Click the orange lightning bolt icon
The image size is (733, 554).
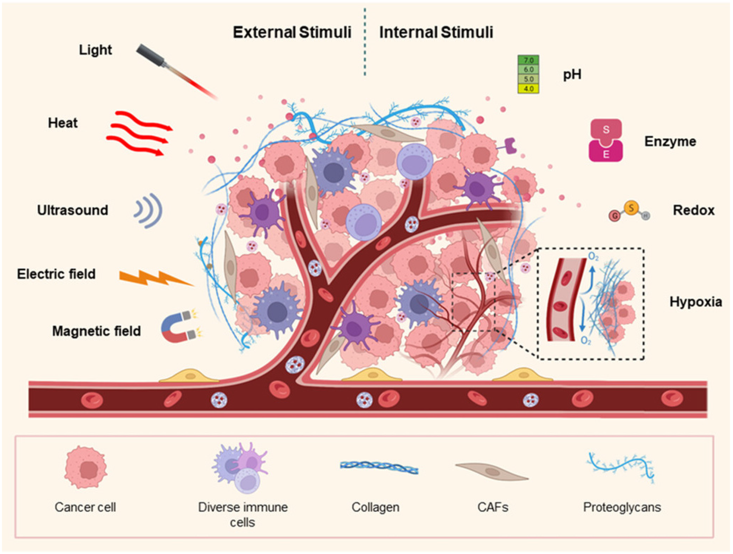[x=155, y=278]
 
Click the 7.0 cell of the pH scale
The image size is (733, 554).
[x=528, y=60]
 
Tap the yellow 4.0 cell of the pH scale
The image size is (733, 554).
[x=528, y=89]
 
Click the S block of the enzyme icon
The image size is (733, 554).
[x=606, y=129]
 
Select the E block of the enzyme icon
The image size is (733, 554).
[x=606, y=154]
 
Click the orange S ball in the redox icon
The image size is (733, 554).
[x=631, y=207]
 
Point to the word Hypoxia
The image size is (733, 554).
[x=695, y=302]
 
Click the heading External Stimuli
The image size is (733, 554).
[x=292, y=32]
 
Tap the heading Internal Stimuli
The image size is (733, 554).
[x=436, y=32]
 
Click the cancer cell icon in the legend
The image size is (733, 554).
[x=86, y=468]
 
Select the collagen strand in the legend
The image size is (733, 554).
[x=379, y=467]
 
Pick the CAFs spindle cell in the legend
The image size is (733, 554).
[x=492, y=471]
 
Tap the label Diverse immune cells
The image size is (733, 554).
[x=243, y=514]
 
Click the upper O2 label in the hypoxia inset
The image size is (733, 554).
[x=593, y=257]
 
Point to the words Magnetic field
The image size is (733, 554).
[x=97, y=331]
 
